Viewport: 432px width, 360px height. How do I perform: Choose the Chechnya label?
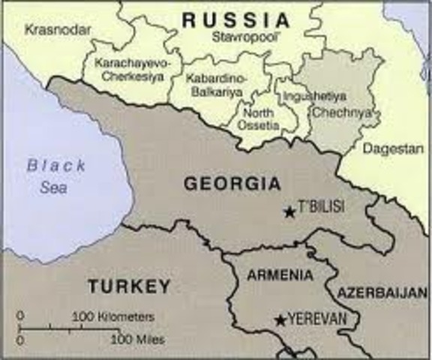point(329,112)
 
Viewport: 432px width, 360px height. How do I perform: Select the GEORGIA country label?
point(223,183)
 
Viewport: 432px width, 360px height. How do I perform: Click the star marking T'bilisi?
point(289,212)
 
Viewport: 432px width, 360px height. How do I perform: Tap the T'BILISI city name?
point(322,208)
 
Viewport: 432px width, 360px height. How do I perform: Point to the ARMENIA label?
point(280,275)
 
